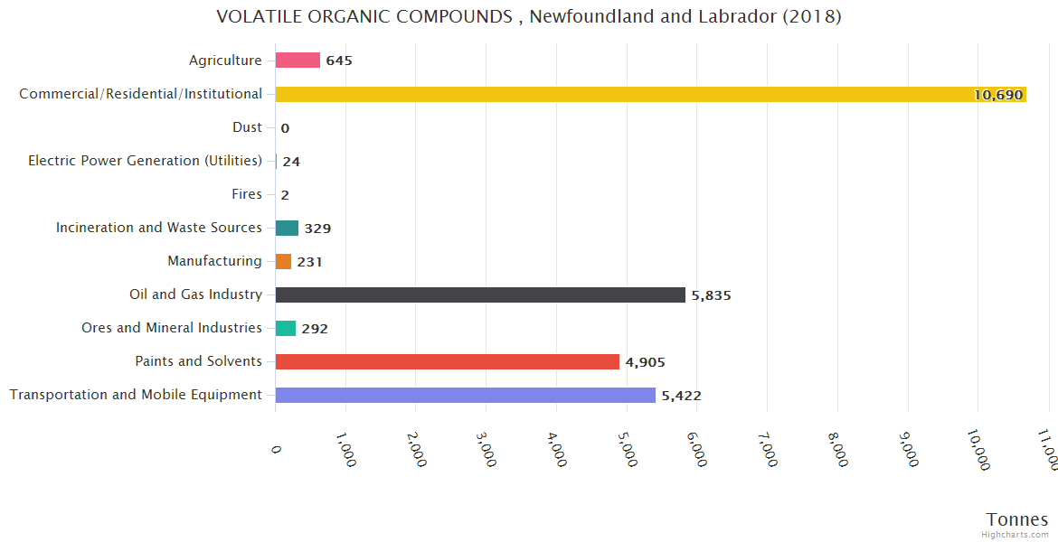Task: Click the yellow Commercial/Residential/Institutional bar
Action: coord(651,94)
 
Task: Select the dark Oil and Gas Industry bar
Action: coord(480,294)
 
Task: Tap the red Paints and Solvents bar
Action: coord(448,361)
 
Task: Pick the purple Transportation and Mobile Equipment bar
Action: coord(466,395)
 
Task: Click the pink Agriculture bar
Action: coord(298,61)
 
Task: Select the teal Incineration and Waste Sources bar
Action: coord(287,228)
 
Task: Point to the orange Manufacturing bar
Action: coord(283,261)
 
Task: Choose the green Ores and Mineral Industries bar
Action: coord(286,328)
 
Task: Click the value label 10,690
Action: coord(997,95)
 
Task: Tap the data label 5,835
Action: coord(711,295)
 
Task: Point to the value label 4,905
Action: coord(645,362)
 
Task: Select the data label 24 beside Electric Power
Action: coord(291,162)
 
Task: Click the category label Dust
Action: coord(247,127)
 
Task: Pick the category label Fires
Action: coord(246,194)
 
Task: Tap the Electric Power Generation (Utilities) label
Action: coord(145,161)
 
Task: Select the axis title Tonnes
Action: coord(1016,519)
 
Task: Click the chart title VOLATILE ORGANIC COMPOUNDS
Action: coord(529,16)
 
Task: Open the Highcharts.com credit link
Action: coord(1015,535)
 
